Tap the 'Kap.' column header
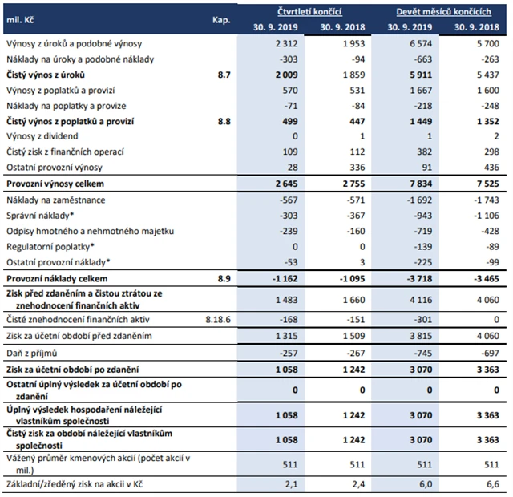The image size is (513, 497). (x=223, y=18)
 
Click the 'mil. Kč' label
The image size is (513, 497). (x=20, y=18)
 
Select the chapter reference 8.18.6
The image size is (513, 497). (x=220, y=317)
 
